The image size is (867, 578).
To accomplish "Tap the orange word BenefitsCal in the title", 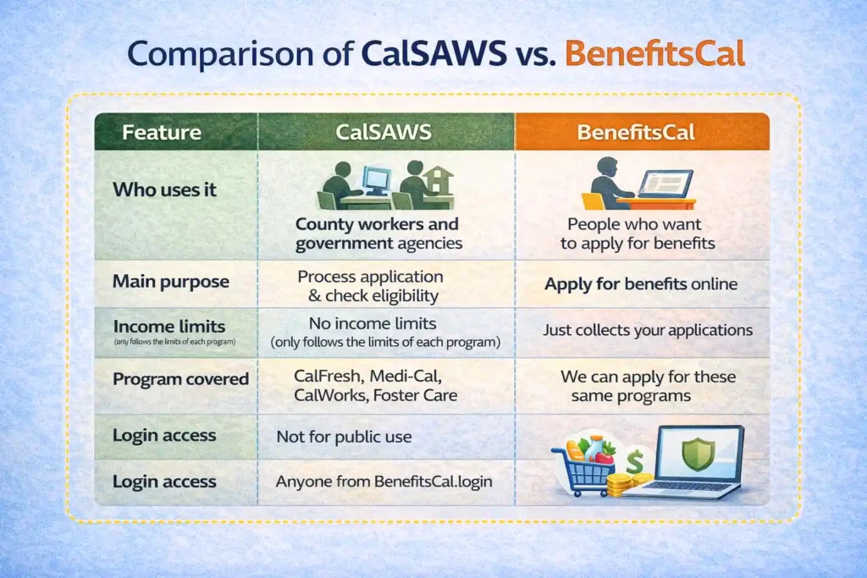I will point(655,52).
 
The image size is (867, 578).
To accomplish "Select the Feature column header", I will point(161,133).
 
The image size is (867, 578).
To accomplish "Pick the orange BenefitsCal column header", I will point(641,133).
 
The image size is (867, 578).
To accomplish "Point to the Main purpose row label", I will point(171,282).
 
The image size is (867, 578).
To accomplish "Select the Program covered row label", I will point(180,379).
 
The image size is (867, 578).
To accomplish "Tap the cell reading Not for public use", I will point(344,437).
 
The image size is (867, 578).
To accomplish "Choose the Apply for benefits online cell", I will point(641,284).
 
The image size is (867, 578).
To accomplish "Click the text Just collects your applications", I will point(648,330).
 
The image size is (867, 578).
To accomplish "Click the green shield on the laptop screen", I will point(697,454).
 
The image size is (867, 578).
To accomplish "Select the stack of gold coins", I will point(622,485).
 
